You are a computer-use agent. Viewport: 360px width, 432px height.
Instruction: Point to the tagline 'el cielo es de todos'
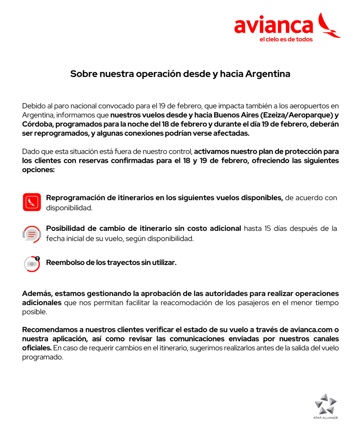pos(286,39)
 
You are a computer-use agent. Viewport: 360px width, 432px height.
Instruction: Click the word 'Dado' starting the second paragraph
pos(30,151)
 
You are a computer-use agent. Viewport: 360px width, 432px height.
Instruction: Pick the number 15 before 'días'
pos(268,229)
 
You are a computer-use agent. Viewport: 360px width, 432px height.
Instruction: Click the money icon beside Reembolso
pos(32,264)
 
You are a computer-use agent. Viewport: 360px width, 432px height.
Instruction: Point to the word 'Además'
pos(37,294)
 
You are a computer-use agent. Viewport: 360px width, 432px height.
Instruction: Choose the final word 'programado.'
pos(43,358)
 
